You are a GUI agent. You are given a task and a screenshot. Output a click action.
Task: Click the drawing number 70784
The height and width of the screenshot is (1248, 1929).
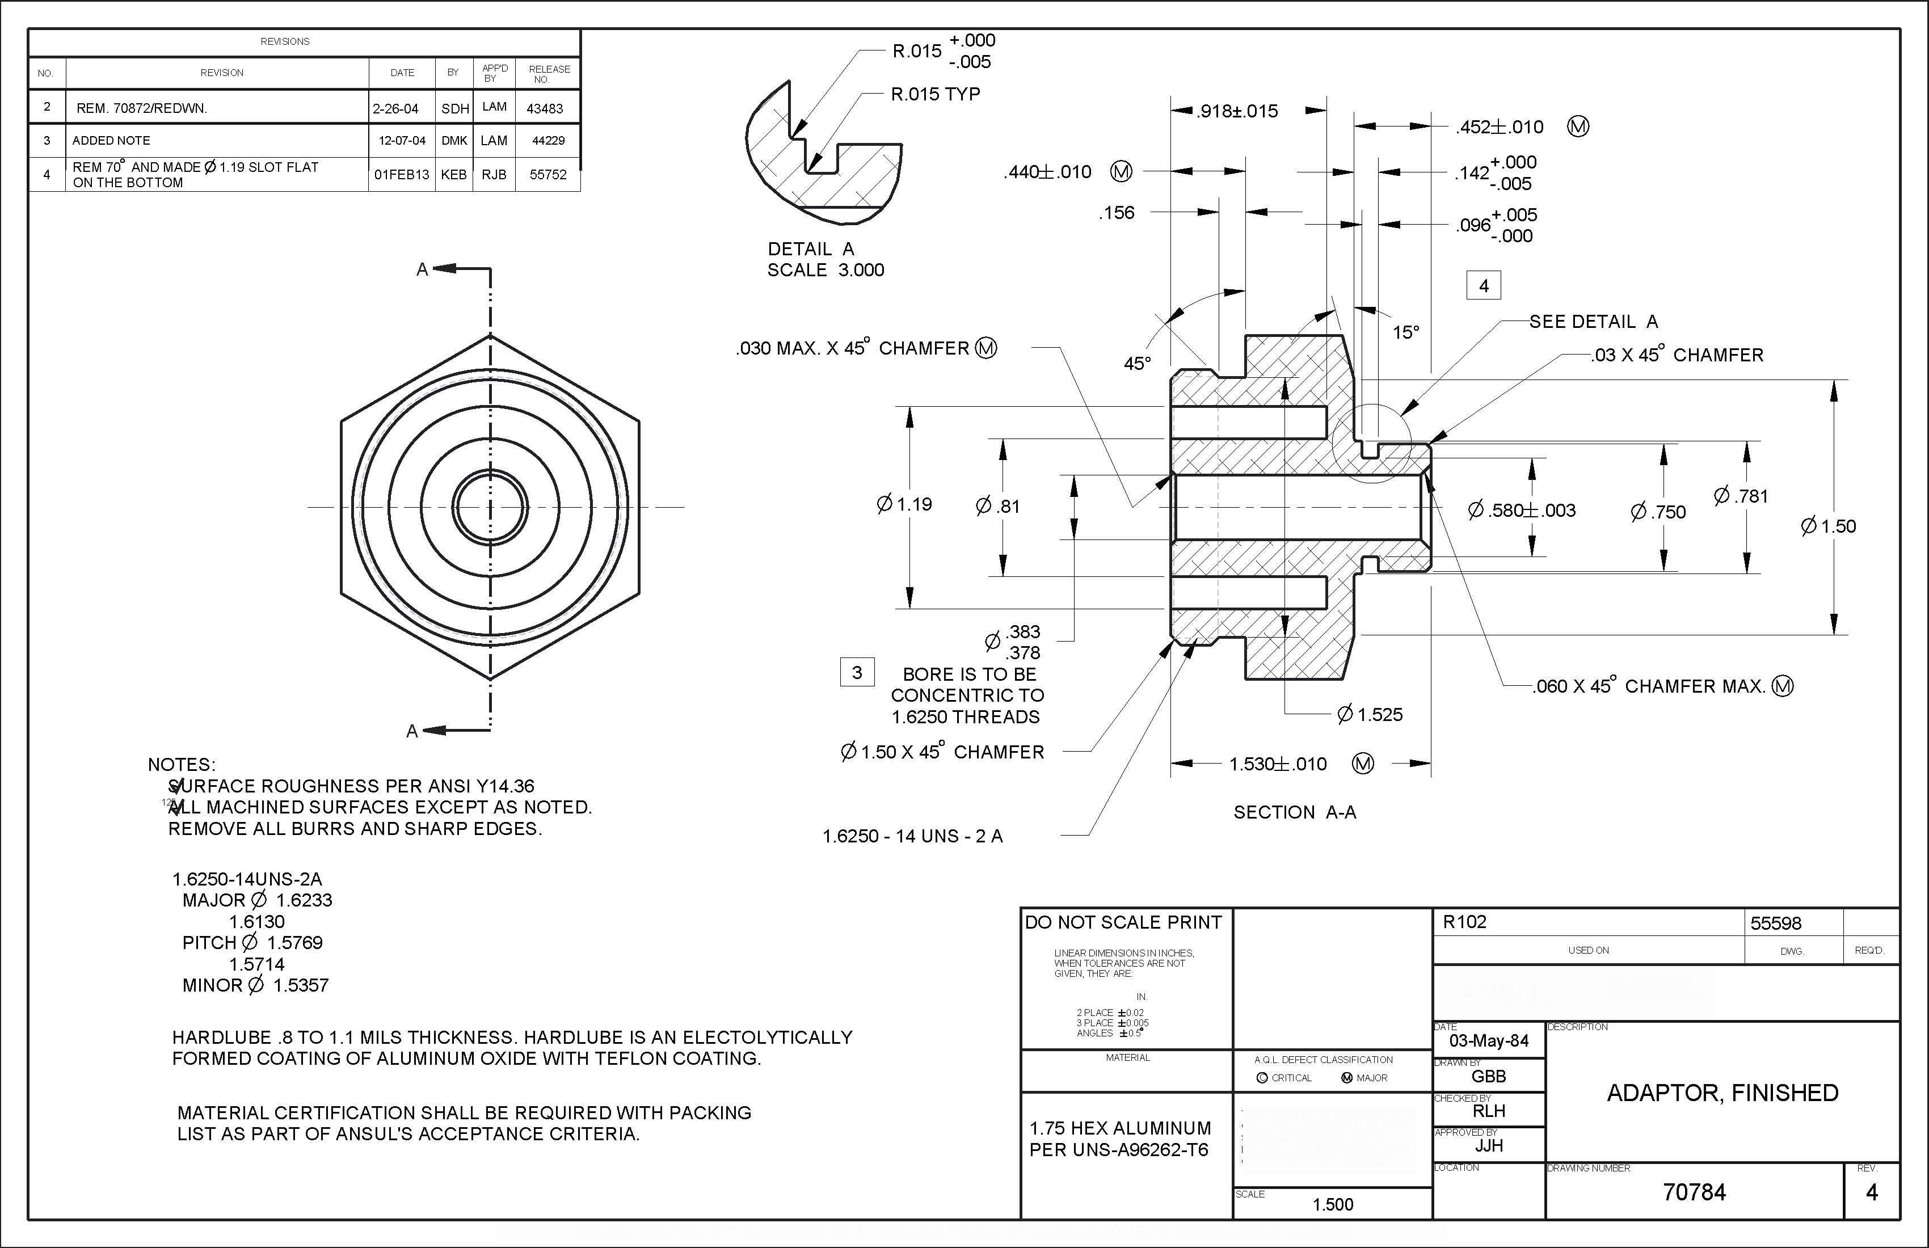[1694, 1192]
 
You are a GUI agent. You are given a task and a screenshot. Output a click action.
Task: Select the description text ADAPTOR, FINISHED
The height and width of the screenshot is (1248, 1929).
[1722, 1093]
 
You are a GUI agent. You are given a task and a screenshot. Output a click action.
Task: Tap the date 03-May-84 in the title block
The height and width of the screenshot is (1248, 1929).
[1489, 1040]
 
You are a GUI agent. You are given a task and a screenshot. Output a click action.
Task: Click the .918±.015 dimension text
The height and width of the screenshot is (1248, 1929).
[1237, 111]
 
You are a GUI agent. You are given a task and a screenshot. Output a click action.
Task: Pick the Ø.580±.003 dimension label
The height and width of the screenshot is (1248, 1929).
[1521, 511]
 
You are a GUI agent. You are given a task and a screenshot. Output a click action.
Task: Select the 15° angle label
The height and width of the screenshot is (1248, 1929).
[1406, 332]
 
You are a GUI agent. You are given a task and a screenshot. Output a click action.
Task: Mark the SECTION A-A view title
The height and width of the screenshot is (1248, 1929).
[1294, 812]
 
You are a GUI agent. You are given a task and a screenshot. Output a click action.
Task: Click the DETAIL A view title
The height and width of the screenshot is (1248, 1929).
[811, 249]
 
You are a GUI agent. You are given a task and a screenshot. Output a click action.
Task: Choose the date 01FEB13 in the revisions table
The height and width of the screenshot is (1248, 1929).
[401, 174]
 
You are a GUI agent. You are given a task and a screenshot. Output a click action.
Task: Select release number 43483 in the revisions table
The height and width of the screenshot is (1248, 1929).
[545, 108]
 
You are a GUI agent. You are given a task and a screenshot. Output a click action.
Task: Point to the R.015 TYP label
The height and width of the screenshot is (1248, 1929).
[936, 94]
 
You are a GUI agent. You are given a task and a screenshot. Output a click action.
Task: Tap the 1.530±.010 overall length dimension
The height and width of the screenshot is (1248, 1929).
[1278, 764]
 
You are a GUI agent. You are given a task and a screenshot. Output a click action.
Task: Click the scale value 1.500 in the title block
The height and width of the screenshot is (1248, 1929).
[1333, 1204]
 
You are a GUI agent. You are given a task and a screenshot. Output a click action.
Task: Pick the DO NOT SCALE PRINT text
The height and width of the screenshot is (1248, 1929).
[1123, 922]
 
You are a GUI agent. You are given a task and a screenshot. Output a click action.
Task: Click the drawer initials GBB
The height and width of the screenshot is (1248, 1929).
[1489, 1076]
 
